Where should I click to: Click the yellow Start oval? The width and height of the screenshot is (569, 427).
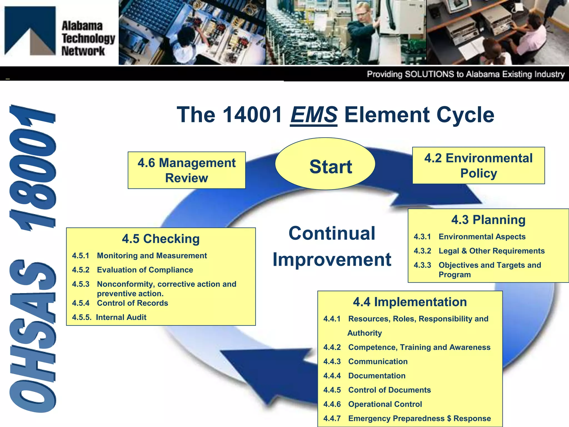(x=325, y=164)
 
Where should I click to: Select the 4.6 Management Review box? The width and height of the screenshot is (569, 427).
(x=186, y=170)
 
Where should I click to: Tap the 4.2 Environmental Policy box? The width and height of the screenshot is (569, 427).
(x=478, y=165)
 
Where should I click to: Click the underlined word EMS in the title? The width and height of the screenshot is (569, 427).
(x=314, y=115)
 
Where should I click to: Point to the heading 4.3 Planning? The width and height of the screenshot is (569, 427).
(x=488, y=220)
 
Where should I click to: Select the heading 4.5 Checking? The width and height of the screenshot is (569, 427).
(x=161, y=239)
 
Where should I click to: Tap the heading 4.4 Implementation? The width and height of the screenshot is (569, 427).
(x=410, y=302)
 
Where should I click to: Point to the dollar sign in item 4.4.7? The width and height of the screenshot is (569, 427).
(x=449, y=418)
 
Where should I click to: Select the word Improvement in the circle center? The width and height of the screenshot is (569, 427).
(x=332, y=259)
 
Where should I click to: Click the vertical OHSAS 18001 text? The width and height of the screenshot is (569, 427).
(x=33, y=259)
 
